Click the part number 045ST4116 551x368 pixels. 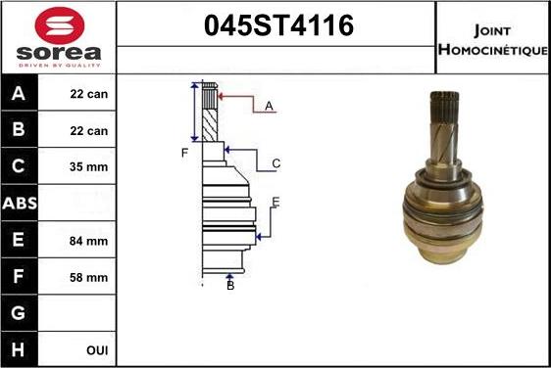click(275, 26)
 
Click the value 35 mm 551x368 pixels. click(89, 167)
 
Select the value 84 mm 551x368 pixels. click(89, 241)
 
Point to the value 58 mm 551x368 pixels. click(89, 277)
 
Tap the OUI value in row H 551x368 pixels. click(96, 349)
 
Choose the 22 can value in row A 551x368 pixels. click(89, 95)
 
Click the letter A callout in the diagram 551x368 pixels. click(269, 106)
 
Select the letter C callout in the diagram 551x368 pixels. click(276, 163)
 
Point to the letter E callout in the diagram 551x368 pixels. click(276, 202)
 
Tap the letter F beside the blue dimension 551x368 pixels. click(183, 152)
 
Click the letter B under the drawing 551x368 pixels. click(230, 285)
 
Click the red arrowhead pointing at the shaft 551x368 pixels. click(223, 96)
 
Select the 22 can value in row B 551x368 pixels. click(89, 131)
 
